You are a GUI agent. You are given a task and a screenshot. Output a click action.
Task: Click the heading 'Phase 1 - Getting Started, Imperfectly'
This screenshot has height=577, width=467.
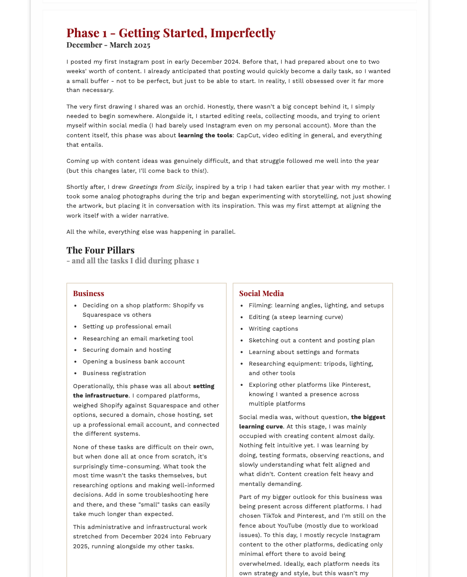click(x=171, y=33)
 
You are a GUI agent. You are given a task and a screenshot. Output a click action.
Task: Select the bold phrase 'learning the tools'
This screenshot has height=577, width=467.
click(x=205, y=136)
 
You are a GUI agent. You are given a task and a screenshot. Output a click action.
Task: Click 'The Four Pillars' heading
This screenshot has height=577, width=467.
click(x=101, y=250)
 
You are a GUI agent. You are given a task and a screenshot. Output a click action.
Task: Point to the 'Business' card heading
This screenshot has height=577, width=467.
click(x=88, y=293)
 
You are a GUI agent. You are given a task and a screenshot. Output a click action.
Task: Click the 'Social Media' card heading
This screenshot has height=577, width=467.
click(x=261, y=293)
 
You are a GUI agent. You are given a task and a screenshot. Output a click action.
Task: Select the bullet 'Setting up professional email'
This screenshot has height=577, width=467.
click(x=127, y=327)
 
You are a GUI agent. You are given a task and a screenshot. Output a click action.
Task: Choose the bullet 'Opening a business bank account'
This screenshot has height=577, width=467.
click(x=133, y=362)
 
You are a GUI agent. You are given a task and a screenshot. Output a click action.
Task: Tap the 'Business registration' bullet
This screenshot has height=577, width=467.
click(x=114, y=373)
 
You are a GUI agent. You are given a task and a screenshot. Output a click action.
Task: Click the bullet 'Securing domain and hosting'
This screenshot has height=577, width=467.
click(x=127, y=350)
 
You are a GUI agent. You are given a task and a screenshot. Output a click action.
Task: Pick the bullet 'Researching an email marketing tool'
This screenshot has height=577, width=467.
click(x=138, y=339)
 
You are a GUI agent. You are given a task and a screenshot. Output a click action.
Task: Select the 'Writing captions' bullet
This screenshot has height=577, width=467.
click(x=273, y=329)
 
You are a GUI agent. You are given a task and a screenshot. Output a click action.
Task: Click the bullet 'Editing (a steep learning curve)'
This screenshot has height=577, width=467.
click(x=295, y=317)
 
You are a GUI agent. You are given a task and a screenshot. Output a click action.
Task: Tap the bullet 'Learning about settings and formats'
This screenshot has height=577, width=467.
click(x=304, y=352)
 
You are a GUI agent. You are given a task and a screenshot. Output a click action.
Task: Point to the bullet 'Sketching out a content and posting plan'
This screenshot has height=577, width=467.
click(x=312, y=341)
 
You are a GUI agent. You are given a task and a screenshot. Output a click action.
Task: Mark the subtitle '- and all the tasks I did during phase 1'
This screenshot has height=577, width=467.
click(x=132, y=261)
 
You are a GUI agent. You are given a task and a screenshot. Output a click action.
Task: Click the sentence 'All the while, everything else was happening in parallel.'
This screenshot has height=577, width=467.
click(x=151, y=232)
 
